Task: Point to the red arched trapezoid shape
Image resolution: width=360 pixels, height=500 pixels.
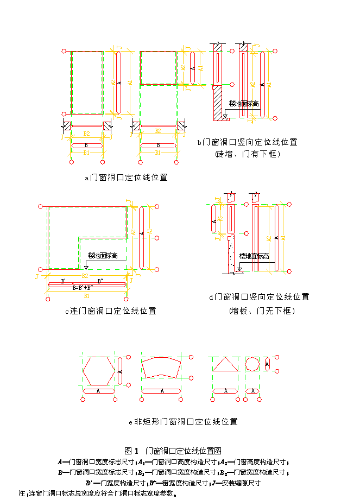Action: pyautogui.click(x=161, y=368)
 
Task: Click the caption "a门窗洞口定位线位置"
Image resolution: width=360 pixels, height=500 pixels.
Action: pyautogui.click(x=126, y=177)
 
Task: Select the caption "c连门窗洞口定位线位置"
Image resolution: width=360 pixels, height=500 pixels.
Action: pyautogui.click(x=110, y=311)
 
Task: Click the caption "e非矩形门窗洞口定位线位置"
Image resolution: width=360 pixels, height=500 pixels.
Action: pyautogui.click(x=183, y=421)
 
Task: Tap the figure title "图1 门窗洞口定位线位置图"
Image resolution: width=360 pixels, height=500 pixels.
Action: pyautogui.click(x=173, y=450)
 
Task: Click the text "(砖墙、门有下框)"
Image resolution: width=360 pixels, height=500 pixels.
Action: pyautogui.click(x=247, y=154)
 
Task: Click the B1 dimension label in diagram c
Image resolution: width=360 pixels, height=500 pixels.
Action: pyautogui.click(x=86, y=297)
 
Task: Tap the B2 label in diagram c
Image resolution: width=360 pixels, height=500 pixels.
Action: pyautogui.click(x=85, y=276)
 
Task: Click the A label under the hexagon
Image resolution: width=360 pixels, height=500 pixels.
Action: pyautogui.click(x=98, y=391)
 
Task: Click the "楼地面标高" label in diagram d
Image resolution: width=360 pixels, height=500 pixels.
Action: pyautogui.click(x=254, y=256)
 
